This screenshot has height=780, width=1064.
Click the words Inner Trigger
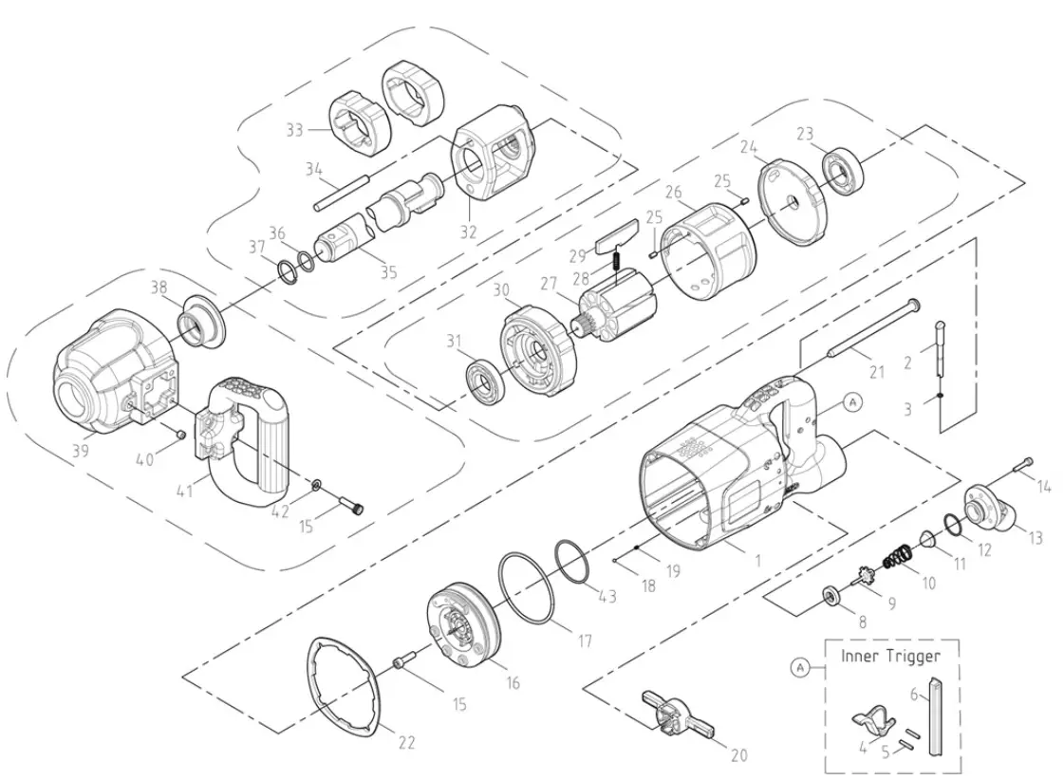pyautogui.click(x=890, y=656)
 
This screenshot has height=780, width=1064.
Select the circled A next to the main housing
pyautogui.click(x=851, y=402)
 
